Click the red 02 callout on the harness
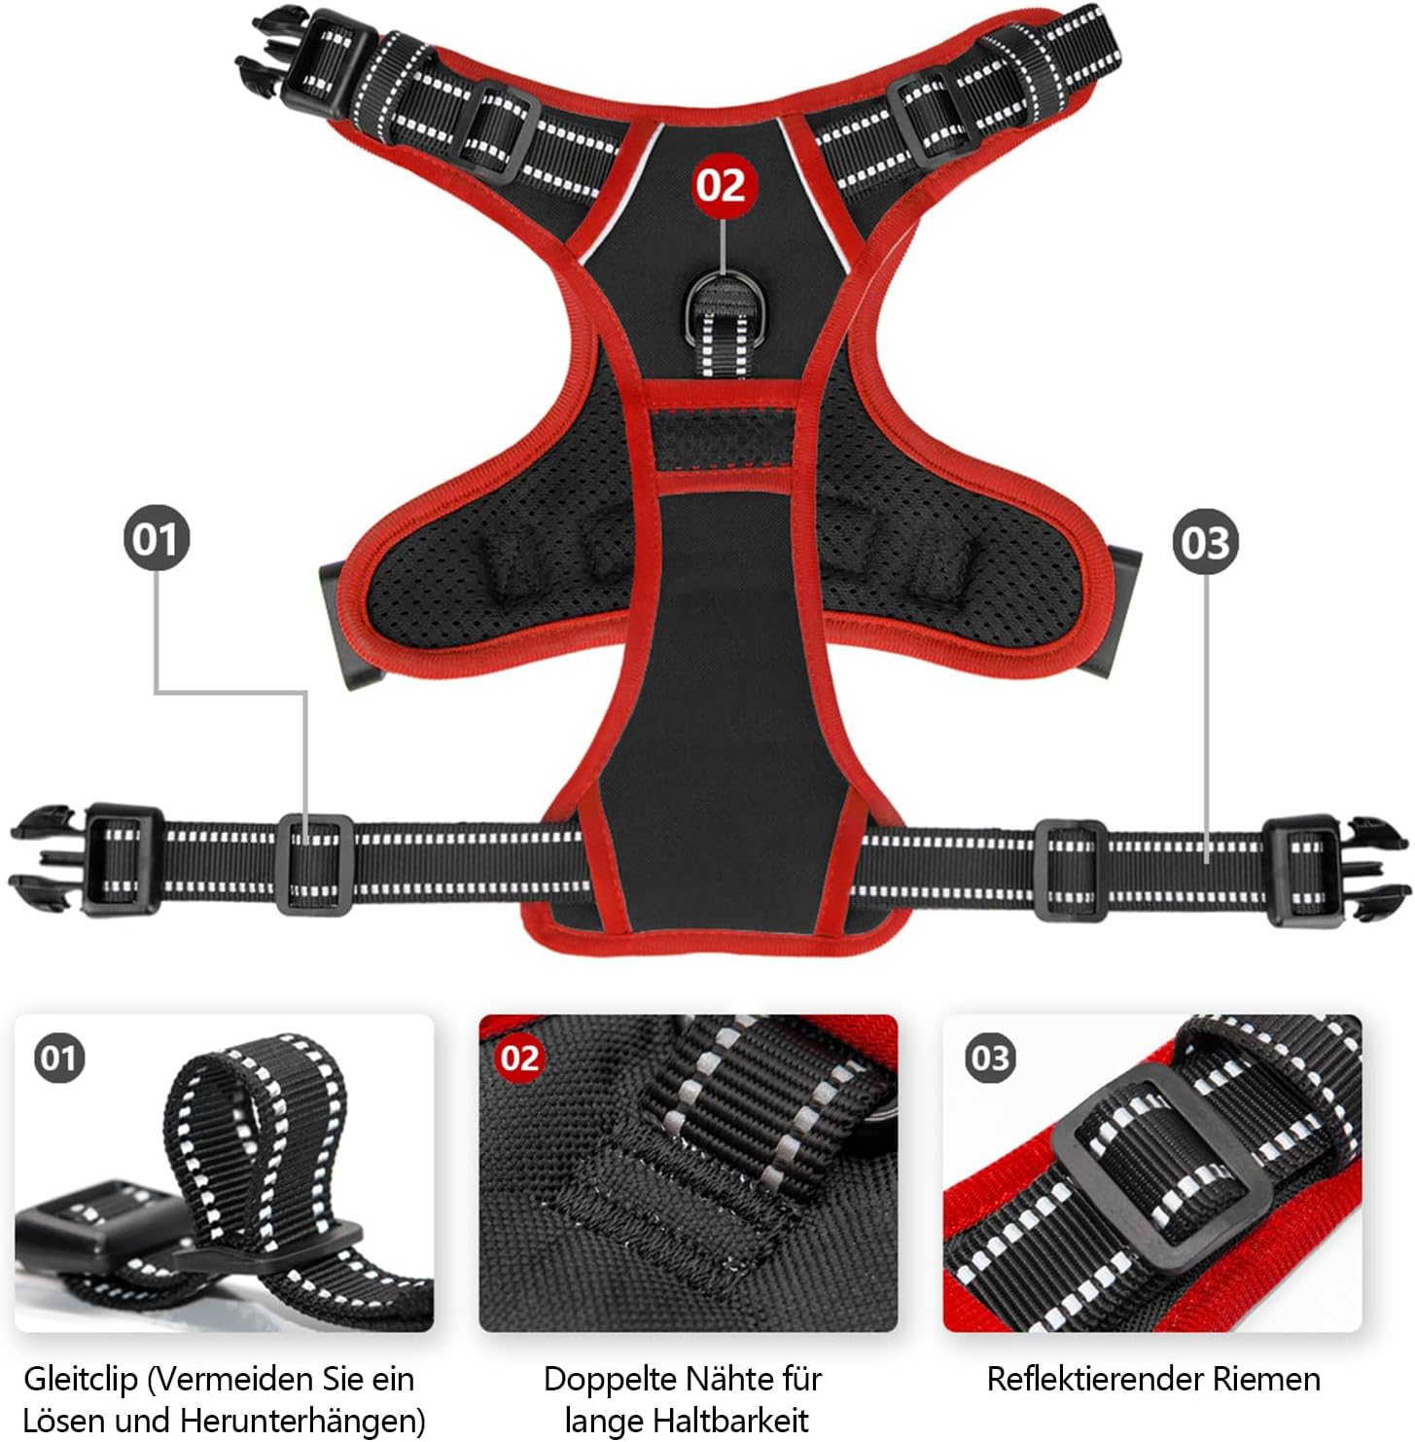click(721, 185)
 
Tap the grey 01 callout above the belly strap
click(156, 538)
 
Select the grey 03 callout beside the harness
click(1206, 542)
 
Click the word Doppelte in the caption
click(610, 1379)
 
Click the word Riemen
click(1272, 1379)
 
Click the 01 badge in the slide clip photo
click(59, 1058)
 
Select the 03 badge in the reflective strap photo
click(990, 1058)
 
